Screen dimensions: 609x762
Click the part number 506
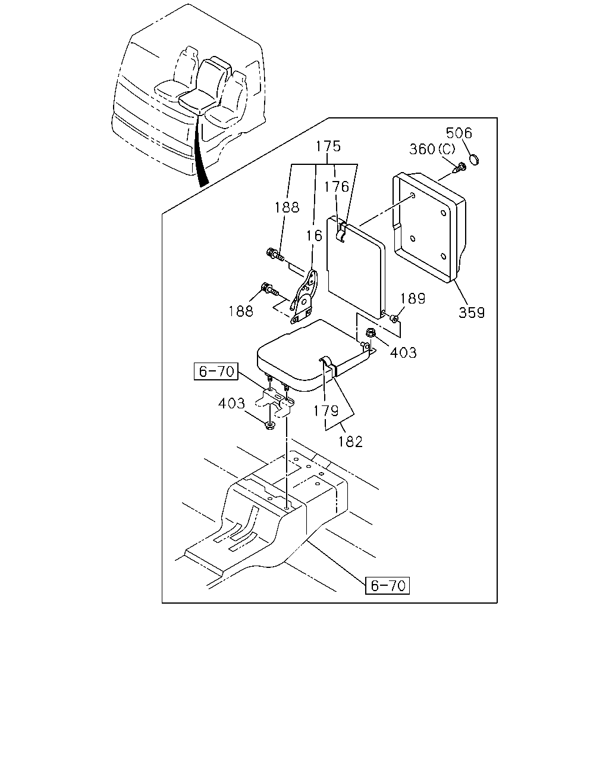(459, 133)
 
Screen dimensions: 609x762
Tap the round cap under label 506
(475, 159)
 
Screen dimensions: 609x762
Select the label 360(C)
(432, 149)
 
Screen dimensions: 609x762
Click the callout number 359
(472, 313)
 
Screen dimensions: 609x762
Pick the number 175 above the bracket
(328, 146)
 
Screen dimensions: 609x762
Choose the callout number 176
(337, 186)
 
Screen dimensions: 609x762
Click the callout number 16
(314, 236)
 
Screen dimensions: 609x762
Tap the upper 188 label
(287, 208)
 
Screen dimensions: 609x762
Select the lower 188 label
(241, 311)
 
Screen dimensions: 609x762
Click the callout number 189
(413, 298)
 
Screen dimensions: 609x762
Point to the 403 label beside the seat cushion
(403, 352)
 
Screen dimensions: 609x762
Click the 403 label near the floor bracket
(231, 403)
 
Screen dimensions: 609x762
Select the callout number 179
(326, 411)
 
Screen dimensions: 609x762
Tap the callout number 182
(350, 442)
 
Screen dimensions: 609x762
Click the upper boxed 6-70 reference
(216, 371)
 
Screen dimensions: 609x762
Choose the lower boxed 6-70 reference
(388, 586)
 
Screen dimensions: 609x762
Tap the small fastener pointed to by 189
(394, 318)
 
